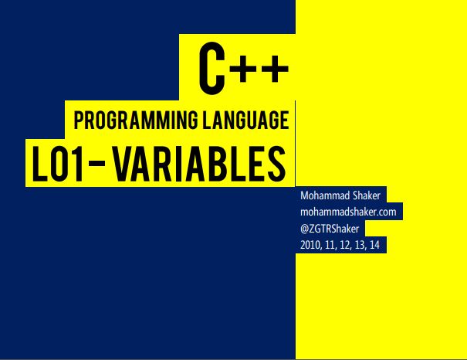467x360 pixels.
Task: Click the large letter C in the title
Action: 212,69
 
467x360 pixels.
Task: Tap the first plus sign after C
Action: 243,69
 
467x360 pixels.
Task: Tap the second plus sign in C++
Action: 275,69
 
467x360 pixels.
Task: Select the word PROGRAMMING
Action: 136,120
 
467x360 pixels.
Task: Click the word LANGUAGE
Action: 245,120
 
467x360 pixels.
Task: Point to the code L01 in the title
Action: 57,164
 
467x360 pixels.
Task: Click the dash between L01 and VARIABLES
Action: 96,164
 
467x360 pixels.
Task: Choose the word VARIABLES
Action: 199,164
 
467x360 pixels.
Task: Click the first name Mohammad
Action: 325,195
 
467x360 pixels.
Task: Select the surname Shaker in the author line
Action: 367,195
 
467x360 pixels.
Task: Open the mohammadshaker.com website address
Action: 348,212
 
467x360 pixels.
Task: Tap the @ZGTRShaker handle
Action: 330,229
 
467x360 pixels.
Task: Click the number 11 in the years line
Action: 330,245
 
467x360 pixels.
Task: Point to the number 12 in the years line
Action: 345,245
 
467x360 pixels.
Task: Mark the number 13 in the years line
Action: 360,245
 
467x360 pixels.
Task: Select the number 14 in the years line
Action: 374,245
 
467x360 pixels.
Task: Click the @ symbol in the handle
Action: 304,229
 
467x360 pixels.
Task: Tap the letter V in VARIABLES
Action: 124,164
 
